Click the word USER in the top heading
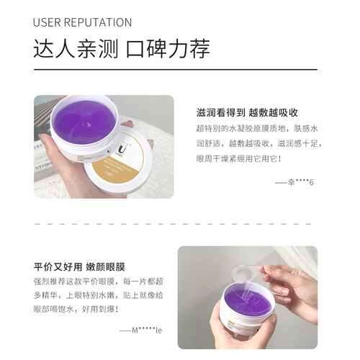pyautogui.click(x=47, y=22)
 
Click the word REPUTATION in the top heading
pyautogui.click(x=98, y=22)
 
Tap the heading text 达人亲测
pyautogui.click(x=76, y=49)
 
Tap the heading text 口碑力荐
pyautogui.click(x=168, y=49)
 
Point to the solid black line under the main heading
pyautogui.click(x=176, y=70)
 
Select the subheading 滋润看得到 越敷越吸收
pyautogui.click(x=247, y=112)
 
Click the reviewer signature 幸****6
pyautogui.click(x=294, y=182)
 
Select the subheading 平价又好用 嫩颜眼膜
pyautogui.click(x=79, y=267)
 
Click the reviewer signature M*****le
pyautogui.click(x=141, y=330)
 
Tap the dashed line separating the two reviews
pyautogui.click(x=173, y=224)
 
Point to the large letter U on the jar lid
pyautogui.click(x=123, y=148)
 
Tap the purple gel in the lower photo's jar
pyautogui.click(x=247, y=303)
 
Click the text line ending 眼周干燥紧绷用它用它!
pyautogui.click(x=238, y=158)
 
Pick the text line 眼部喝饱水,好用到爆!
pyautogui.click(x=76, y=309)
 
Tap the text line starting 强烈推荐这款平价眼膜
pyautogui.click(x=99, y=282)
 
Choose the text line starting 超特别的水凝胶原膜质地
pyautogui.click(x=257, y=128)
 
